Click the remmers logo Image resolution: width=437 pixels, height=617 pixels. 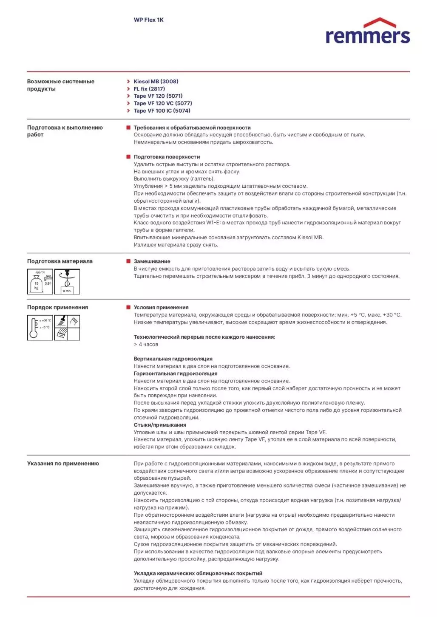click(367, 31)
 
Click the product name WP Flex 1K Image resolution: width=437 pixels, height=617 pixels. click(148, 20)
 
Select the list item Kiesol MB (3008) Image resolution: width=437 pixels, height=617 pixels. click(156, 82)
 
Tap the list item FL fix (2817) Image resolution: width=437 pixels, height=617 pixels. click(149, 89)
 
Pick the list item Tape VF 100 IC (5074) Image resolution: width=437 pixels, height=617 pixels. click(162, 111)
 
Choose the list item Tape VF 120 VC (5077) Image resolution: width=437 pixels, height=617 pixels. click(162, 103)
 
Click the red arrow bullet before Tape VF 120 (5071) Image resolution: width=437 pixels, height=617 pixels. click(128, 96)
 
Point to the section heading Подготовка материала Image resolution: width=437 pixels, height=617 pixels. click(60, 261)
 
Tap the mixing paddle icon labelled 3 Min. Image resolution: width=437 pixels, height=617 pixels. click(67, 282)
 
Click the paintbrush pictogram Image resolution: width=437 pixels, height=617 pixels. click(61, 321)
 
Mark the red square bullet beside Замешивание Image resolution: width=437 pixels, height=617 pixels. click(128, 261)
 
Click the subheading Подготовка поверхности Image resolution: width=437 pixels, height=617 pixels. click(167, 157)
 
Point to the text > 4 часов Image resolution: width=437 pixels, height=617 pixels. click(146, 345)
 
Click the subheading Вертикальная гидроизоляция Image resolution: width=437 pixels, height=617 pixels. click(173, 359)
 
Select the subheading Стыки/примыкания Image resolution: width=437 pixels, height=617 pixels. click(160, 425)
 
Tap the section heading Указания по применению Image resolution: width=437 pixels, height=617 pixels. click(63, 464)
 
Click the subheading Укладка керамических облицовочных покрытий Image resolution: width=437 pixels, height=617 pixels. click(198, 574)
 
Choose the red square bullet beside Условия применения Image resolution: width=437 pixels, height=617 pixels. click(128, 307)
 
